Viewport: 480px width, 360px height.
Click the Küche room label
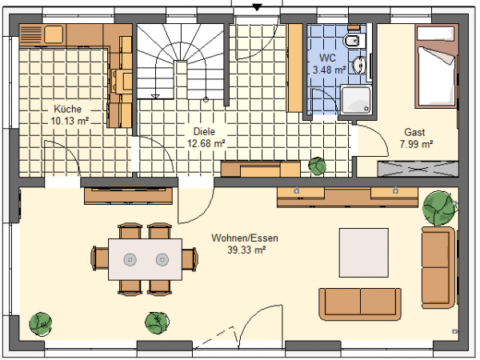coord(68,109)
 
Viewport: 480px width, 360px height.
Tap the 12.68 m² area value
coord(206,143)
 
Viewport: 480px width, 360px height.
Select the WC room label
coord(327,58)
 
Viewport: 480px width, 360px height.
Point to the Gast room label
coord(414,132)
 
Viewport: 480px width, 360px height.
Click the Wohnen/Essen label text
coord(245,238)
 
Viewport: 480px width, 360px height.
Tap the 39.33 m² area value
coord(246,250)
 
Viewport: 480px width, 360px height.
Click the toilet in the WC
coord(354,41)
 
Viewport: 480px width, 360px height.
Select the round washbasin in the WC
coord(359,65)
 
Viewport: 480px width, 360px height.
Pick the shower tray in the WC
coord(356,99)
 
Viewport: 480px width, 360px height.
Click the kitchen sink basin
coord(54,34)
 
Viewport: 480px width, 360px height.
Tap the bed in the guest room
coord(436,66)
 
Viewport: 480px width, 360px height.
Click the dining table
coord(145,259)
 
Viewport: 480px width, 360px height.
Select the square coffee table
coord(364,252)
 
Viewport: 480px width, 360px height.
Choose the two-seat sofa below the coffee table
coord(360,304)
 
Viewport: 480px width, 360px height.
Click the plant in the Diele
coord(317,166)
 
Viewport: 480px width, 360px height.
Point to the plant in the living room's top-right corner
coord(438,208)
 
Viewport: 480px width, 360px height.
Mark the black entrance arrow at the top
coord(257,7)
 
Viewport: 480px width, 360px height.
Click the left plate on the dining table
coord(130,259)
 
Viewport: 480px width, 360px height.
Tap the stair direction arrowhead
coord(155,97)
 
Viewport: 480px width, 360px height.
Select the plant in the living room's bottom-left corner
coord(41,324)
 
